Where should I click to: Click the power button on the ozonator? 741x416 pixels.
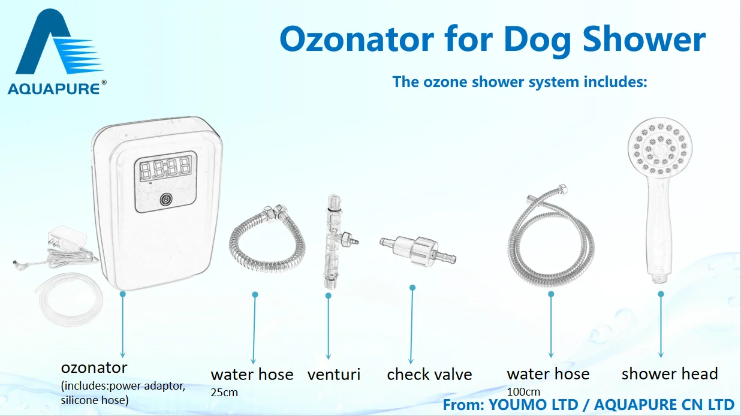click(x=166, y=200)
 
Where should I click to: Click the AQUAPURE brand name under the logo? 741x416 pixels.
click(x=53, y=89)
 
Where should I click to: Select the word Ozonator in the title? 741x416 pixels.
click(x=357, y=40)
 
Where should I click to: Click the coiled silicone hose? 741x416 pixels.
click(x=70, y=299)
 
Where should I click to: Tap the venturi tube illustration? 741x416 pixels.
click(x=334, y=242)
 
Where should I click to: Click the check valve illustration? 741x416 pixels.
click(x=418, y=251)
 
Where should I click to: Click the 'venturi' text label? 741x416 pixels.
click(x=334, y=375)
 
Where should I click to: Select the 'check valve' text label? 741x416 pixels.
click(x=429, y=374)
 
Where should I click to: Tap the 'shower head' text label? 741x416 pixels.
click(x=670, y=373)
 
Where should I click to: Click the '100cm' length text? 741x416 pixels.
click(x=523, y=392)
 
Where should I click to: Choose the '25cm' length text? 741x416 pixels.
click(x=224, y=393)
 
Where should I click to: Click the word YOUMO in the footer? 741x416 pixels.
click(x=534, y=405)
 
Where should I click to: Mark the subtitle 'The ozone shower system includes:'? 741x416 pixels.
click(x=520, y=82)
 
